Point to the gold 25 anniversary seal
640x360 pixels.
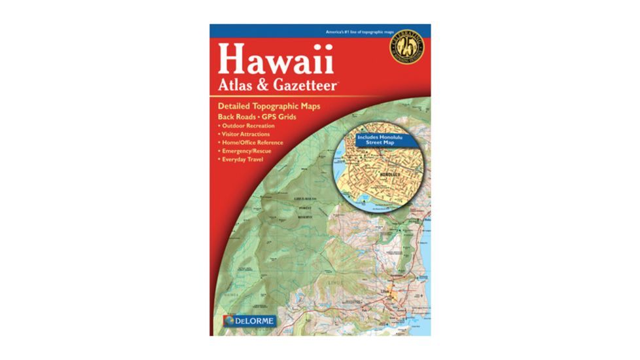pyautogui.click(x=407, y=48)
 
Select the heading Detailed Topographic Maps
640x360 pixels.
pyautogui.click(x=268, y=105)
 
